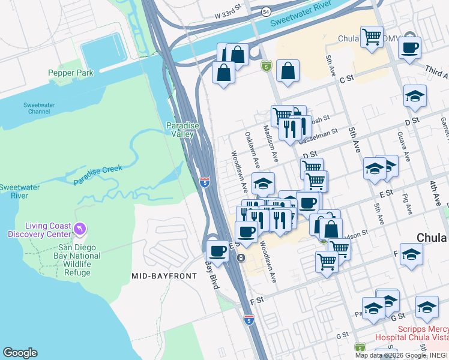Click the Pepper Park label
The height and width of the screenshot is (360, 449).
(x=71, y=73)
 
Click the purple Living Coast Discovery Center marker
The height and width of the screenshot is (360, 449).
(x=79, y=229)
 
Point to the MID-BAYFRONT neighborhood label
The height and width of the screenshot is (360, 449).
(x=164, y=276)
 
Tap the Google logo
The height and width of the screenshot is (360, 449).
(x=20, y=353)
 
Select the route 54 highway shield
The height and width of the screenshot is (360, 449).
(x=265, y=11)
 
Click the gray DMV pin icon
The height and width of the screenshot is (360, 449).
(x=410, y=37)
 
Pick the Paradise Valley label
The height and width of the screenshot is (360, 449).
(x=180, y=130)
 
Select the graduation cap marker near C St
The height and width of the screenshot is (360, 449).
(x=415, y=96)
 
